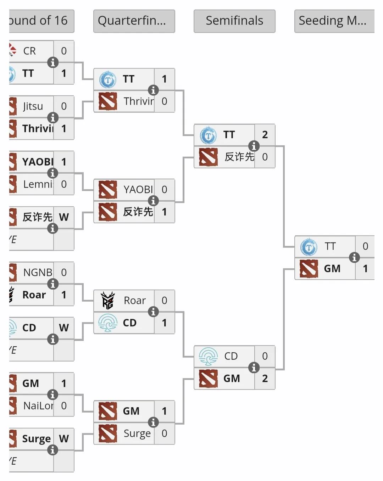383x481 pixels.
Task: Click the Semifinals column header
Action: pyautogui.click(x=234, y=21)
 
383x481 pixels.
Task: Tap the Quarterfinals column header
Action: pyautogui.click(x=134, y=21)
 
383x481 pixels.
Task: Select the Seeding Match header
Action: pyautogui.click(x=334, y=21)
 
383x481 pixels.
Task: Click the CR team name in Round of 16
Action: pyautogui.click(x=29, y=51)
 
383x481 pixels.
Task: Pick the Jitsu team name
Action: pyautogui.click(x=33, y=106)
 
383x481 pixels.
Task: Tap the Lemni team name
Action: pyautogui.click(x=38, y=184)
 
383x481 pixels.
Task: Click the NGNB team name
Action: pyautogui.click(x=38, y=273)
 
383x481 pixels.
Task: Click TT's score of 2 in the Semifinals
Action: pyautogui.click(x=265, y=135)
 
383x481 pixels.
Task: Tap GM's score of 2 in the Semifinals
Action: pyautogui.click(x=265, y=379)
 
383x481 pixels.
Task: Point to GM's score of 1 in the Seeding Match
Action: pyautogui.click(x=365, y=269)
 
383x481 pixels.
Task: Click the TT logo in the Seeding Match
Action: pyautogui.click(x=309, y=247)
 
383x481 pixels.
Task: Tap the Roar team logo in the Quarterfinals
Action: pyautogui.click(x=108, y=301)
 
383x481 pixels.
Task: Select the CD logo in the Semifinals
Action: pyautogui.click(x=208, y=356)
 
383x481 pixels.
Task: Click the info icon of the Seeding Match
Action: pyautogui.click(x=354, y=257)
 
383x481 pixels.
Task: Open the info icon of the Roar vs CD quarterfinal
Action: pyautogui.click(x=153, y=312)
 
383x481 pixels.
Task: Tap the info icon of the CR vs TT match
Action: pyautogui.click(x=53, y=62)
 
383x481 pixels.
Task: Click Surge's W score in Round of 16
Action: pyautogui.click(x=64, y=439)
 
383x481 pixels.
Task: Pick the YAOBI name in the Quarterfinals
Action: pyautogui.click(x=138, y=190)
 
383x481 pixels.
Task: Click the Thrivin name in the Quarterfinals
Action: pyautogui.click(x=139, y=101)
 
